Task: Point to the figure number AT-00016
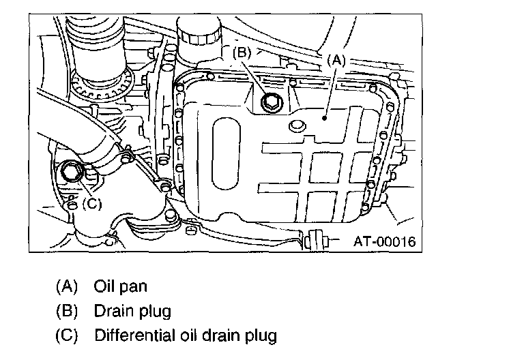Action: [383, 241]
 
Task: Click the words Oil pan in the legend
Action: [120, 286]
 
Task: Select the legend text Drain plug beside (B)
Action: [132, 311]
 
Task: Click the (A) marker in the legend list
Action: [66, 286]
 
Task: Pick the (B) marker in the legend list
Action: [66, 311]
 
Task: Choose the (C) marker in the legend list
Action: [66, 335]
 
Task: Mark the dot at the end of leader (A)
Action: [326, 118]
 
